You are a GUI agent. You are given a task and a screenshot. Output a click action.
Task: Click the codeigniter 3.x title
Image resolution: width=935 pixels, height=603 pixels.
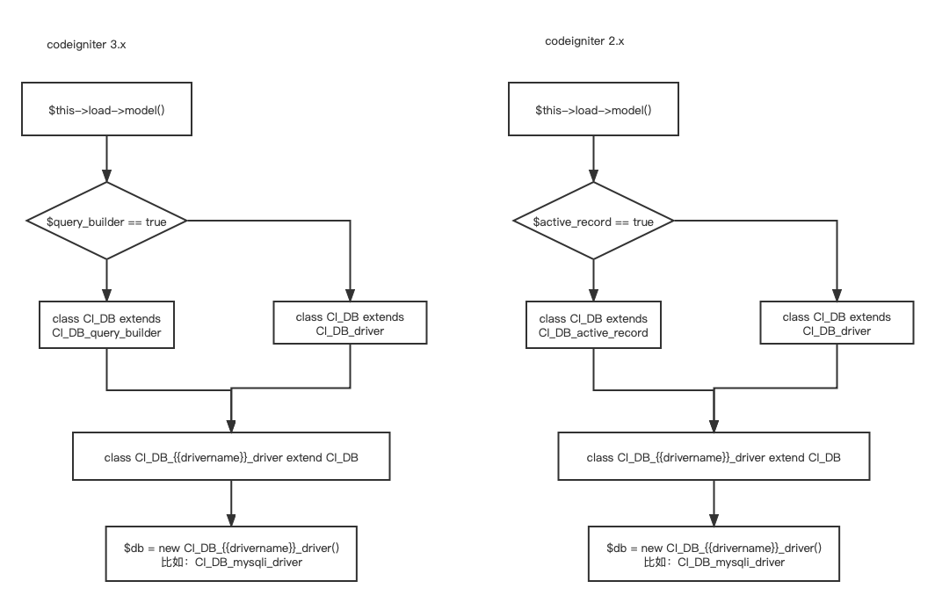pyautogui.click(x=87, y=45)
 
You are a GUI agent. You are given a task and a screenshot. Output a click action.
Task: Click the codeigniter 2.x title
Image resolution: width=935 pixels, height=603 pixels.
pyautogui.click(x=584, y=41)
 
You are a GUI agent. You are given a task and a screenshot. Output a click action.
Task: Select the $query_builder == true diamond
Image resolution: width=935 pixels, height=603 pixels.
pyautogui.click(x=106, y=222)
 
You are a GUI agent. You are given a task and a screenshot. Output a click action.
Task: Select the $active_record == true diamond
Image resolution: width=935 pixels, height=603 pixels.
pyautogui.click(x=593, y=222)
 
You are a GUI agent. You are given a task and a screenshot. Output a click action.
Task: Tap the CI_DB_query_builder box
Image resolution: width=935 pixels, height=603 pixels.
pyautogui.click(x=106, y=325)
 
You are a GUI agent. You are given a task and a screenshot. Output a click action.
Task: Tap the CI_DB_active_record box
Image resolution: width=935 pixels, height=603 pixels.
pyautogui.click(x=593, y=325)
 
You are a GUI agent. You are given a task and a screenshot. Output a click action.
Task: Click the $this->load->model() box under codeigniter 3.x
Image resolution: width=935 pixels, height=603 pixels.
pyautogui.click(x=106, y=111)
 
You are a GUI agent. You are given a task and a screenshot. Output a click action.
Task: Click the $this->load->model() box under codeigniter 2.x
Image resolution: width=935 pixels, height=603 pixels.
pyautogui.click(x=593, y=111)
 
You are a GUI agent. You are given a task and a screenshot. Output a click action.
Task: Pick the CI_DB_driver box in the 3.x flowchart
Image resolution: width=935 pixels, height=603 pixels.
pyautogui.click(x=350, y=323)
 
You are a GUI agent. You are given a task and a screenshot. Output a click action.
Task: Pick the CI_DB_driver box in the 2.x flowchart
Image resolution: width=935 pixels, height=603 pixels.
pyautogui.click(x=837, y=323)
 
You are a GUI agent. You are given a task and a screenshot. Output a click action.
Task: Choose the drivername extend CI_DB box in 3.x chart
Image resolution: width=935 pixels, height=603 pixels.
pyautogui.click(x=231, y=457)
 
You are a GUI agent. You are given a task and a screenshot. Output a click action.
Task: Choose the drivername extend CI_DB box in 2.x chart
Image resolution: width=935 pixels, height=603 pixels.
pyautogui.click(x=714, y=457)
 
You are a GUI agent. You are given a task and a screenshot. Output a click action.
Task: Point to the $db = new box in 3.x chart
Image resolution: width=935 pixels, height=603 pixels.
pyautogui.click(x=231, y=554)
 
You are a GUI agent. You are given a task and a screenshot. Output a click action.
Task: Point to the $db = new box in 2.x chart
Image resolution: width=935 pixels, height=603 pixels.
pyautogui.click(x=714, y=554)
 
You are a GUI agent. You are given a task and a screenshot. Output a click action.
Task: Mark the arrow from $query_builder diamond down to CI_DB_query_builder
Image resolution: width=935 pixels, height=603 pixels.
pyautogui.click(x=106, y=281)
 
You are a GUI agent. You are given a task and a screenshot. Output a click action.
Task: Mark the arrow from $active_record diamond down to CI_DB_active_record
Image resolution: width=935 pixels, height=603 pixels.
pyautogui.click(x=593, y=281)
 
